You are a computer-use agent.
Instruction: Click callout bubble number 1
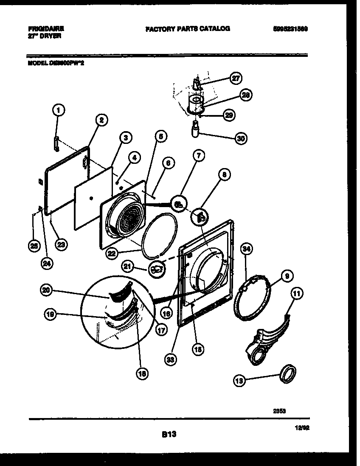tap(59, 111)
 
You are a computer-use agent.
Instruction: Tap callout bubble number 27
tap(235, 78)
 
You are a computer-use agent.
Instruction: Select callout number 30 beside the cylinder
tap(241, 138)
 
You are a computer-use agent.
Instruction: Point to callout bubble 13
tap(239, 381)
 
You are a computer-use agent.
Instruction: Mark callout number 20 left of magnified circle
tap(47, 290)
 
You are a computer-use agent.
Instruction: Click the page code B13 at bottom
tap(169, 434)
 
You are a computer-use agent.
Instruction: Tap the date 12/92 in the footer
tap(304, 429)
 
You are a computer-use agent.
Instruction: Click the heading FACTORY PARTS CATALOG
tap(187, 29)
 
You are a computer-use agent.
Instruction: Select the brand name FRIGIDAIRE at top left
tap(46, 29)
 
